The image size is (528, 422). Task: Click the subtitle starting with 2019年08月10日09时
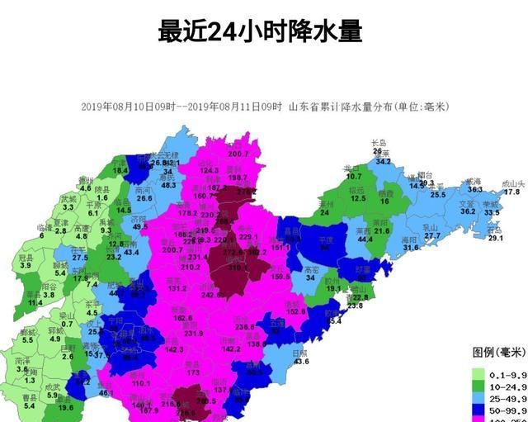click(x=265, y=107)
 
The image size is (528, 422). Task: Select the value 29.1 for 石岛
click(x=495, y=238)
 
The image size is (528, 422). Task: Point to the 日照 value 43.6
click(x=301, y=362)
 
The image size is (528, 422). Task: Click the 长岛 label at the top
click(x=379, y=142)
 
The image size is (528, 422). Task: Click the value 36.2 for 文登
click(x=468, y=211)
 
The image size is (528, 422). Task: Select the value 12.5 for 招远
click(x=358, y=199)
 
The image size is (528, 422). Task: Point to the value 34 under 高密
click(x=310, y=278)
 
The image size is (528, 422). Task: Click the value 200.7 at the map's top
click(x=238, y=154)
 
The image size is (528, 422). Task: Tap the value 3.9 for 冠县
click(x=26, y=265)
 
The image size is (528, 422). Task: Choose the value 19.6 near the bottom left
click(x=66, y=408)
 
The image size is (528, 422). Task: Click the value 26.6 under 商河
click(x=144, y=198)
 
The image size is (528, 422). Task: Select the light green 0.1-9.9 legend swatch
click(x=478, y=374)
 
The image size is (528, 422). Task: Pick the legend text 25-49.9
click(x=507, y=397)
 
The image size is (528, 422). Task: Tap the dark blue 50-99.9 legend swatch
click(x=478, y=409)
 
